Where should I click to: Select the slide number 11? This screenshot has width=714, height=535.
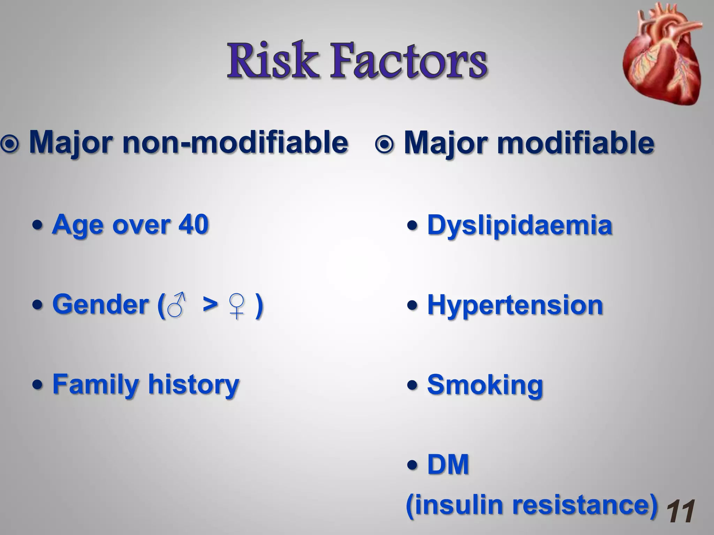(680, 511)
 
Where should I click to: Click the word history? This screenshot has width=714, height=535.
(194, 385)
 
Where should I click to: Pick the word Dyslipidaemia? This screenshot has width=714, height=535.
(519, 226)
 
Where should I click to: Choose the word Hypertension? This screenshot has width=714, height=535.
(515, 305)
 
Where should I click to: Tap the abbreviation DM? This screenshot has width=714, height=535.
(448, 465)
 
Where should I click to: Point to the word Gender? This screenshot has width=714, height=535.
(101, 304)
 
